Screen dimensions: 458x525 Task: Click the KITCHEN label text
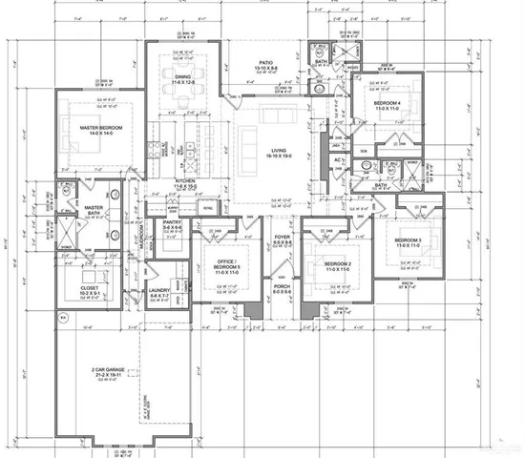[x=185, y=181]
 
